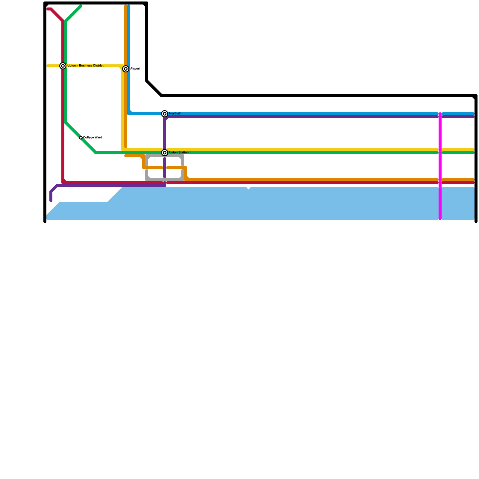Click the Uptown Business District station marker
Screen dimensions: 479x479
point(63,66)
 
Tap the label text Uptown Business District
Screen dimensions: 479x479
point(85,66)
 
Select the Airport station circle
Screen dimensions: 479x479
point(126,69)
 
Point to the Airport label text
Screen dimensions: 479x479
point(135,69)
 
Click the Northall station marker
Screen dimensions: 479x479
point(165,114)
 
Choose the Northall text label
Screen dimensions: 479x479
point(175,114)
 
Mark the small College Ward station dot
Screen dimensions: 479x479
point(81,138)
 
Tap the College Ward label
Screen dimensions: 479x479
point(93,138)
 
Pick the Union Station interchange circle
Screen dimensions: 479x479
point(165,153)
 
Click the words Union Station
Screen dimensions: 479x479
point(179,153)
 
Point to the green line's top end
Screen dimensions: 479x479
point(81,6)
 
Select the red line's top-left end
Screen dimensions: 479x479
point(48,9)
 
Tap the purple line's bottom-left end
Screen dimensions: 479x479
point(51,201)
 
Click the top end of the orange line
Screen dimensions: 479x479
point(126,6)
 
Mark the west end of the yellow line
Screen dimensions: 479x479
point(48,66)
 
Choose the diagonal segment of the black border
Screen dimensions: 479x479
point(154,89)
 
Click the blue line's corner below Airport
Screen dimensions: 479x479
point(129,113)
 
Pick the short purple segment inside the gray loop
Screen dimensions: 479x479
point(165,168)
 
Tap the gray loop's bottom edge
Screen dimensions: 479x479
point(165,180)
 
